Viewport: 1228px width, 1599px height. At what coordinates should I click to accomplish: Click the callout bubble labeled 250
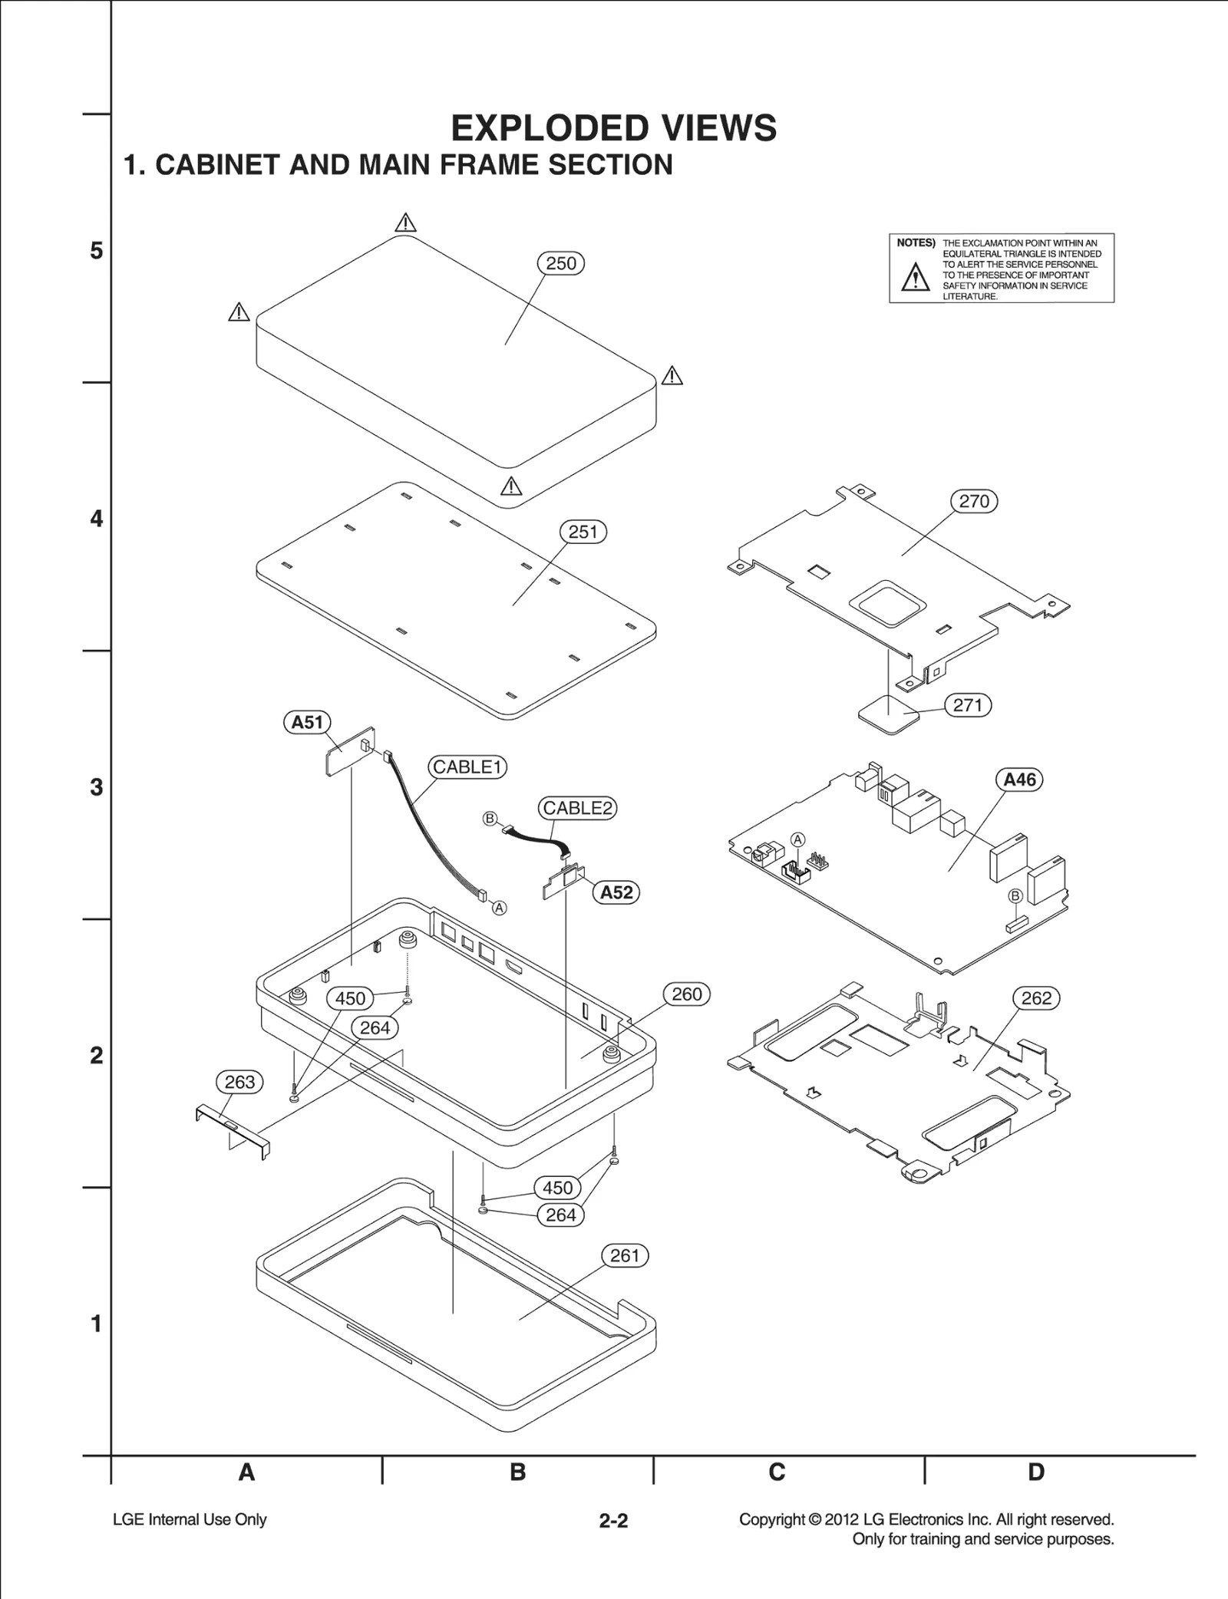560,263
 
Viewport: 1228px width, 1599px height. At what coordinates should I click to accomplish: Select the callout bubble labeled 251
583,532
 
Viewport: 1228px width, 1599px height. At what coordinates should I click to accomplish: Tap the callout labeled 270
974,501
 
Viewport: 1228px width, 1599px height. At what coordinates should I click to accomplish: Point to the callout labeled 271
967,705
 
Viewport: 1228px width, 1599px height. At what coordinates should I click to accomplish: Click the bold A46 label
1019,780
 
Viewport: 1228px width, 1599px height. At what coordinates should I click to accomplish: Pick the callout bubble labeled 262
1036,998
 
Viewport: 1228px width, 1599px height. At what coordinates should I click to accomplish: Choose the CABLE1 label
467,767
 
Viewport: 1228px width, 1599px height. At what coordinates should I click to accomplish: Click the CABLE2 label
577,808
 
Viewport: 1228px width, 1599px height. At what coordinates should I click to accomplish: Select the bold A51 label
307,722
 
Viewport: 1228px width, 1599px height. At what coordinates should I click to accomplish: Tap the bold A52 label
616,892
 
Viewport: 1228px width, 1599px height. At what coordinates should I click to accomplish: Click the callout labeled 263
239,1082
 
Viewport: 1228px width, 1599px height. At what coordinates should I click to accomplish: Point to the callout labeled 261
624,1256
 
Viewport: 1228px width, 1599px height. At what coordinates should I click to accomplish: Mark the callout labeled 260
686,994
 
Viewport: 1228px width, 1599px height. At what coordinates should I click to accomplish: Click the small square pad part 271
888,715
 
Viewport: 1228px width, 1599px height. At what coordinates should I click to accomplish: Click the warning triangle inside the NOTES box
915,277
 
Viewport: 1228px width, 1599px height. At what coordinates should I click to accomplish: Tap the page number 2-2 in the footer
613,1521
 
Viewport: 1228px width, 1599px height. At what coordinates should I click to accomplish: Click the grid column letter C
777,1472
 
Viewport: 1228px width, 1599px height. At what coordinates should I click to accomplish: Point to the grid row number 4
96,519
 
